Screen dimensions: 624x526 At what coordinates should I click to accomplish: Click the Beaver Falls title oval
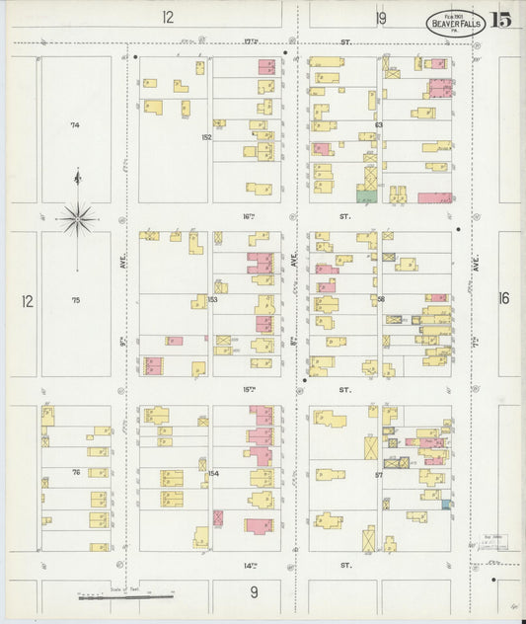coord(455,22)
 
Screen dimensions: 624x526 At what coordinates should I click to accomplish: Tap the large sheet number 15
coord(501,20)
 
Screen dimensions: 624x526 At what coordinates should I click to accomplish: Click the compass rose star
coord(78,218)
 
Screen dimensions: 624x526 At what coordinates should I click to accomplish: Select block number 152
coord(206,137)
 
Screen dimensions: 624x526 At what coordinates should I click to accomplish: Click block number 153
coord(211,298)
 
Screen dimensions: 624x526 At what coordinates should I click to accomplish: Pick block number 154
coord(211,474)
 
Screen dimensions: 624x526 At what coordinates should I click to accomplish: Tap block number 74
coord(74,125)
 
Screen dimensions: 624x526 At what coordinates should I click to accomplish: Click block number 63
coord(378,124)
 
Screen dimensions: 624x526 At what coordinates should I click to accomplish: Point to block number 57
coord(378,474)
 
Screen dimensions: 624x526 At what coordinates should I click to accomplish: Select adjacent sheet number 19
coord(380,17)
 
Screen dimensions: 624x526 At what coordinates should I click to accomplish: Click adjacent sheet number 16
coord(504,298)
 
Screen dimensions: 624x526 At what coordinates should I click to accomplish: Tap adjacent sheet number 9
coord(254,591)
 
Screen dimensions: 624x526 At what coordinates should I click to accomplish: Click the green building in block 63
coord(366,197)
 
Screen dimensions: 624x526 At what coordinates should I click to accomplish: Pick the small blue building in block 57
coord(447,505)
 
